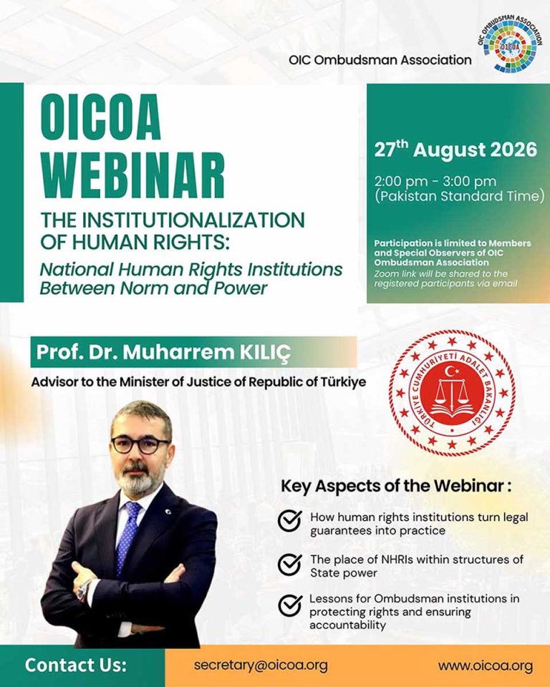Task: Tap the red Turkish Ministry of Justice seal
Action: [452, 393]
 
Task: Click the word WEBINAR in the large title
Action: [133, 176]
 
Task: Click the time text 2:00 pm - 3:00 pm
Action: [435, 181]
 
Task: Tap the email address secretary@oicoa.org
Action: [261, 666]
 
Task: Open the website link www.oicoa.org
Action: [486, 666]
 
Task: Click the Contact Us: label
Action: [76, 665]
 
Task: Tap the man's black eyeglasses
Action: [140, 444]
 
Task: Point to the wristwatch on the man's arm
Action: [83, 588]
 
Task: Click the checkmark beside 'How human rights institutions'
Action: [289, 521]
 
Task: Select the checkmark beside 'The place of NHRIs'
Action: [289, 565]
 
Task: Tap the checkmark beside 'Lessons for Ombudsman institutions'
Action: [289, 605]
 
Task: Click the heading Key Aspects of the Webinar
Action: [396, 487]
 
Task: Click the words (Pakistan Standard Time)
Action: [459, 196]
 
